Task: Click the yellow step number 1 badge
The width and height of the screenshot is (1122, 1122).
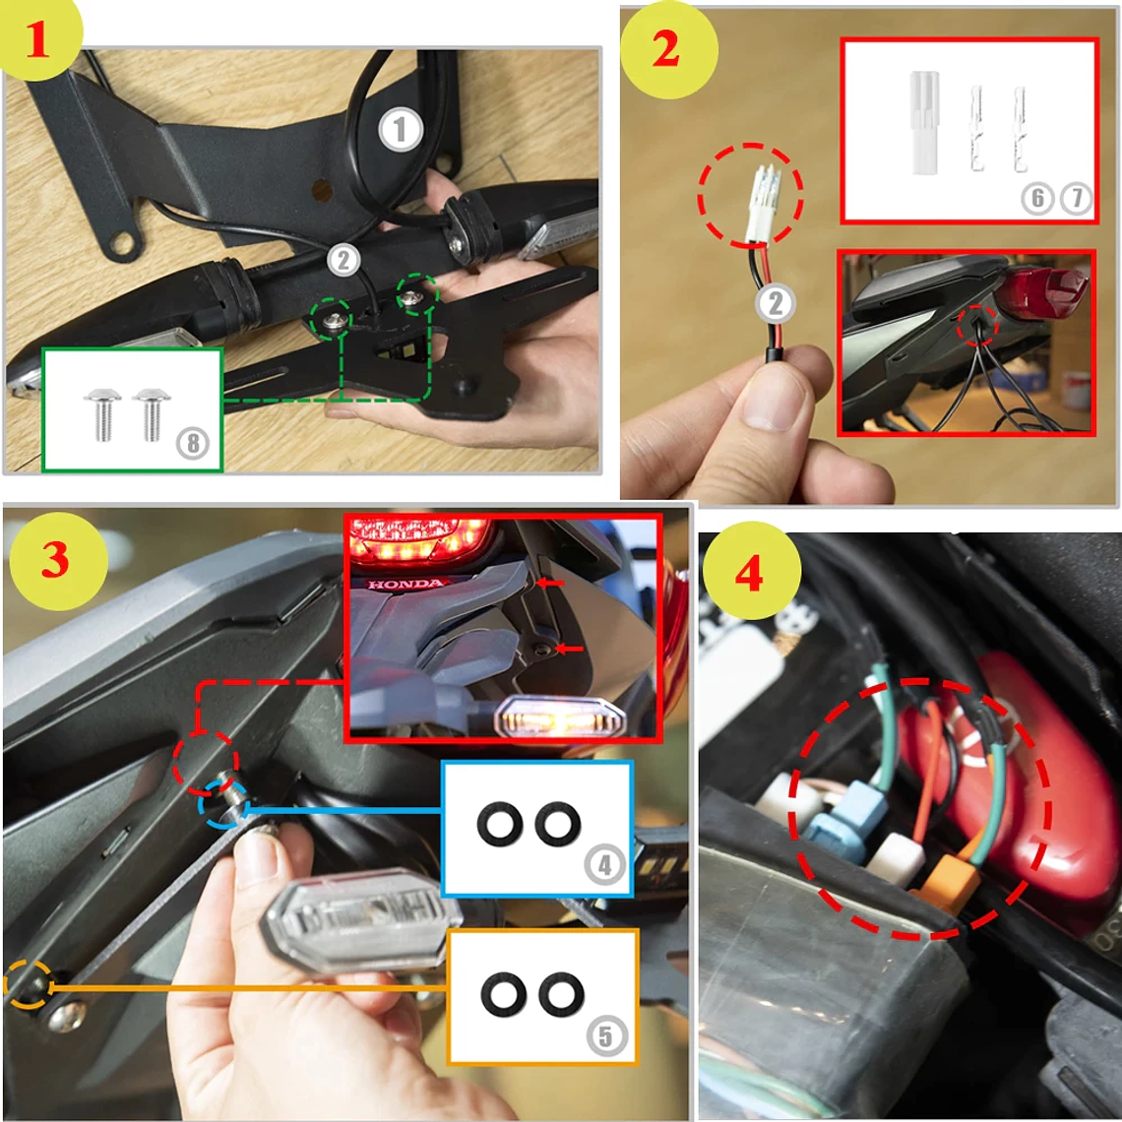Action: [39, 35]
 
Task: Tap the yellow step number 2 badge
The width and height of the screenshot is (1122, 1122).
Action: [668, 50]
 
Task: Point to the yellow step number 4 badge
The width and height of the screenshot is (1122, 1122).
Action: [751, 571]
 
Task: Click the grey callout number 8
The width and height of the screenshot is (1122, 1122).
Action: [193, 443]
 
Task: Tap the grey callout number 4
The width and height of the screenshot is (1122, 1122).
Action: [604, 865]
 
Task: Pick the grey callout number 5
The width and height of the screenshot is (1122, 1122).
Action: [606, 1035]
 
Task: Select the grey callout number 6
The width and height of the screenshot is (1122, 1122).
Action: [1037, 198]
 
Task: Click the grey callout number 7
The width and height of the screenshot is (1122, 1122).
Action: [1076, 198]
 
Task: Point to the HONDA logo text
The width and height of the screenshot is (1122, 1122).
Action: [405, 584]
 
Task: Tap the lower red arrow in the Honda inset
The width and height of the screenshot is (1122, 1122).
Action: [570, 649]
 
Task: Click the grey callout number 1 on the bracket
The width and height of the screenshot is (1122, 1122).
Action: [401, 130]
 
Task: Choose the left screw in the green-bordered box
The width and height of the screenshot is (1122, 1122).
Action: [102, 414]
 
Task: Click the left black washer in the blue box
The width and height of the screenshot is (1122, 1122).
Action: [500, 824]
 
